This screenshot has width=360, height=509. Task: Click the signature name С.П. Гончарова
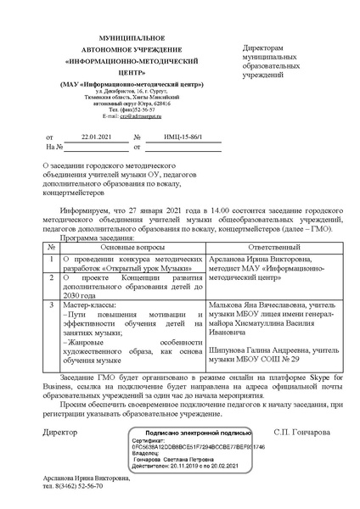pos(301,431)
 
